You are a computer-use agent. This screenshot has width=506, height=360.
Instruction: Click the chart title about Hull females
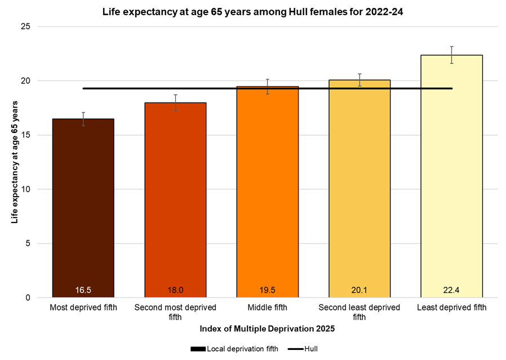point(252,11)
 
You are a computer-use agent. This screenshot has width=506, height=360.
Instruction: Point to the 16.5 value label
point(83,290)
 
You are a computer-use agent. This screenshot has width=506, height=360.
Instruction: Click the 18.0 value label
point(175,290)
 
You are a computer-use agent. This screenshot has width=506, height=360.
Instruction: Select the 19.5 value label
point(267,290)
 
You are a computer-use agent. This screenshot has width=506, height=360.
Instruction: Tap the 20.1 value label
point(359,290)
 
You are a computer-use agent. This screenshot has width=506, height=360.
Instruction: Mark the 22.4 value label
point(451,290)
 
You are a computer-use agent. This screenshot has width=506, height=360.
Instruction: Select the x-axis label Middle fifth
point(267,308)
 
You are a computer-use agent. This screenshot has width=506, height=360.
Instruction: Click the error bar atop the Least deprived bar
point(451,55)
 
